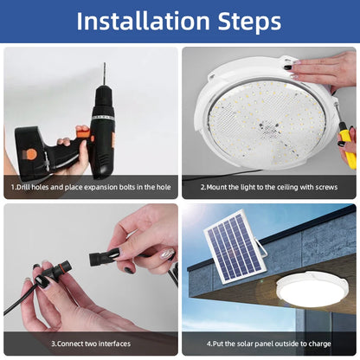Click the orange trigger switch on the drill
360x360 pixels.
tap(83, 132)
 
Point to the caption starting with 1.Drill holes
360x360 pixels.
tap(91, 187)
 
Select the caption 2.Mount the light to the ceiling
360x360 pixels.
tap(270, 187)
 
